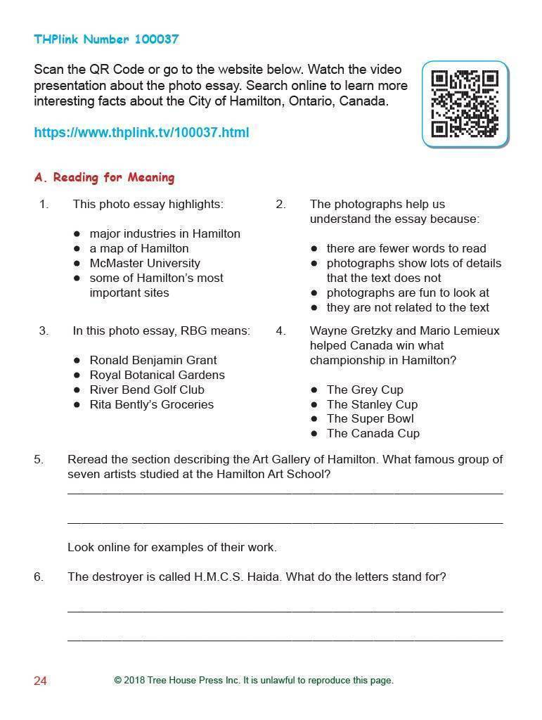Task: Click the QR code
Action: [465, 104]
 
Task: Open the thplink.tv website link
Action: [141, 132]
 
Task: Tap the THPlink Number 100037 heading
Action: [106, 39]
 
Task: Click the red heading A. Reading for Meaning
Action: [104, 177]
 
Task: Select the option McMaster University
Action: [144, 263]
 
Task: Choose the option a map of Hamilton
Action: [138, 248]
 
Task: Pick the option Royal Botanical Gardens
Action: [157, 375]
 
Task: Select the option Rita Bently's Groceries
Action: [151, 404]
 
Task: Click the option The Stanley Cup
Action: [372, 404]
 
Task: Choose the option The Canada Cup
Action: [373, 433]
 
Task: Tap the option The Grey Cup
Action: [365, 390]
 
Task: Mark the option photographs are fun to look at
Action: [408, 292]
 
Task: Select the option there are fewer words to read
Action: [406, 248]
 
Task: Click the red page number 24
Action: [40, 681]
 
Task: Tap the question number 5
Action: [38, 460]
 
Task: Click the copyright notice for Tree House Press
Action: [254, 680]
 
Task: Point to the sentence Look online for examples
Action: [172, 547]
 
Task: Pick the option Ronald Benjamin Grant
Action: [153, 360]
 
